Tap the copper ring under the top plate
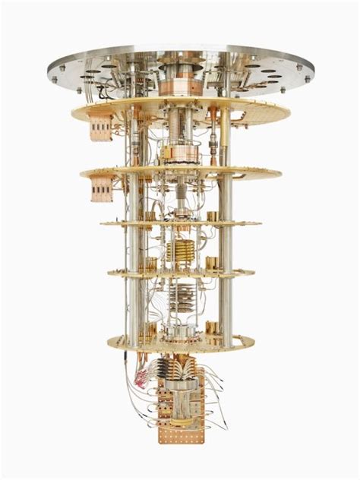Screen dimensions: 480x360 point(181,84)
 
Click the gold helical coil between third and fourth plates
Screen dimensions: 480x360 point(180,250)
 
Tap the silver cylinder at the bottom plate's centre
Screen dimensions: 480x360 point(182,332)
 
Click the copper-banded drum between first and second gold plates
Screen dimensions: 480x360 point(180,154)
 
